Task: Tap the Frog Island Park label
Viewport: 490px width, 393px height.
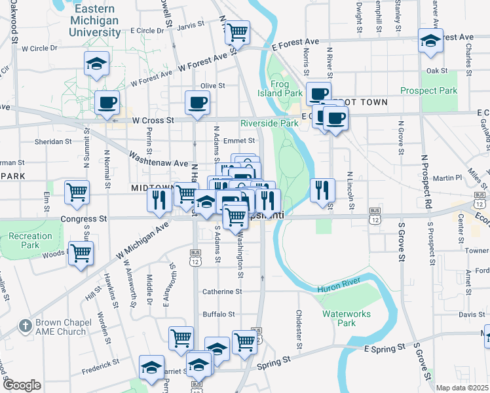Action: [286, 88]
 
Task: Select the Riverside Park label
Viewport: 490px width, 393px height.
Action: [269, 123]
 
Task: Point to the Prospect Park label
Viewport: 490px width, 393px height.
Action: [428, 90]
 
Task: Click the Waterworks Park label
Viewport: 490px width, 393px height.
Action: [347, 318]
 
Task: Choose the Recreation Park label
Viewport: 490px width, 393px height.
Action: [31, 240]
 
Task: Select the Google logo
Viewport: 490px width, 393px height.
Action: [22, 384]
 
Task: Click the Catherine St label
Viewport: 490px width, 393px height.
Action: [223, 291]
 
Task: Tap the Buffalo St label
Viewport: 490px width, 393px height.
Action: [218, 314]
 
